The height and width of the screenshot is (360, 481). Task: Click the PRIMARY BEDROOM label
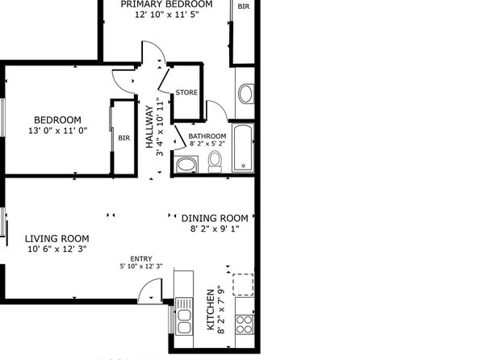(x=166, y=4)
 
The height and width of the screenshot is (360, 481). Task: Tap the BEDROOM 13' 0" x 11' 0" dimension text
(x=57, y=131)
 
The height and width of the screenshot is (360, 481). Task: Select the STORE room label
(x=186, y=92)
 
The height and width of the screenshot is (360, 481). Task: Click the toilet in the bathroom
(x=215, y=161)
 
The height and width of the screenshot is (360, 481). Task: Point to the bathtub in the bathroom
(x=243, y=148)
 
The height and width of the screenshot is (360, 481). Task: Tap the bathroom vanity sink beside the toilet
(x=186, y=165)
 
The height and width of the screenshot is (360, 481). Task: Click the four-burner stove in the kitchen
(x=245, y=324)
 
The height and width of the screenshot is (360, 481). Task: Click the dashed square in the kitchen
(x=243, y=284)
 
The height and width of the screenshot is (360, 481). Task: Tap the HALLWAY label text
(x=149, y=127)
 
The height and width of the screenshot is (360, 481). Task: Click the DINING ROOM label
(x=215, y=218)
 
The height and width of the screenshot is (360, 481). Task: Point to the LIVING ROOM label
(x=57, y=238)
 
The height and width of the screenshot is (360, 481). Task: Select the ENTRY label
(x=141, y=259)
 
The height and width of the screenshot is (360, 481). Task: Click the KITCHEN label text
(x=211, y=309)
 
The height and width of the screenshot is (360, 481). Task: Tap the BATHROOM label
(x=207, y=136)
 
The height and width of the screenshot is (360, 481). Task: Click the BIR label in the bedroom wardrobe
(x=124, y=138)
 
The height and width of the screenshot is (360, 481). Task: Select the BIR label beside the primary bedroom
(x=244, y=6)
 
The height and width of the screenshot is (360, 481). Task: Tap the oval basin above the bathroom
(x=245, y=94)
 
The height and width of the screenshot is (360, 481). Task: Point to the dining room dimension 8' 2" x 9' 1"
(x=215, y=228)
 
